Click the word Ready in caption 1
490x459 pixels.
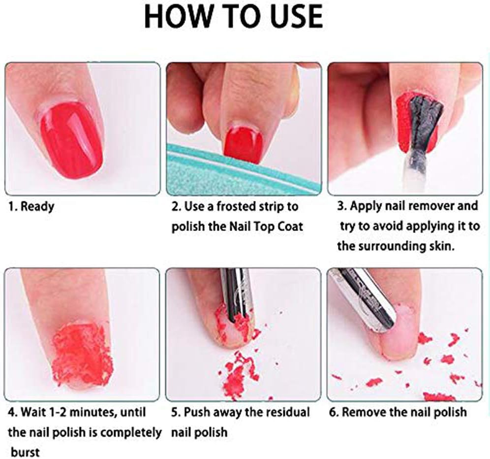tap(37, 206)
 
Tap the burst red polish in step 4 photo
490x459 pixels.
tap(82, 352)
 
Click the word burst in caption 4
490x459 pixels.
tap(24, 451)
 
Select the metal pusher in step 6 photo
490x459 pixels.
tap(364, 295)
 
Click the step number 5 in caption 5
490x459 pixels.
tap(174, 412)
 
